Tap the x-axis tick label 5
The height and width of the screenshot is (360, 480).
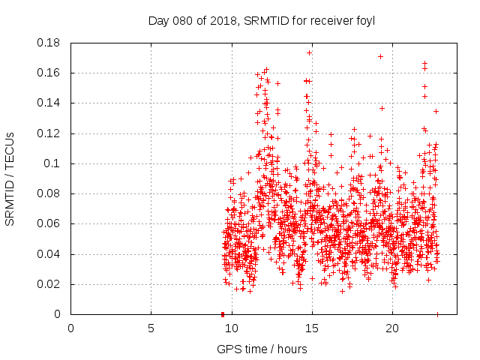(x=151, y=329)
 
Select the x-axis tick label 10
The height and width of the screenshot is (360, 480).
(x=231, y=329)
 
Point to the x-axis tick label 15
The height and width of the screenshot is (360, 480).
(x=311, y=329)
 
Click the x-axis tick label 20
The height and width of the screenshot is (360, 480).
(x=391, y=329)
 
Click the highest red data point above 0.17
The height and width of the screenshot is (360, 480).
(x=309, y=53)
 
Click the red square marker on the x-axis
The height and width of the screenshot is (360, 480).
(x=223, y=314)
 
